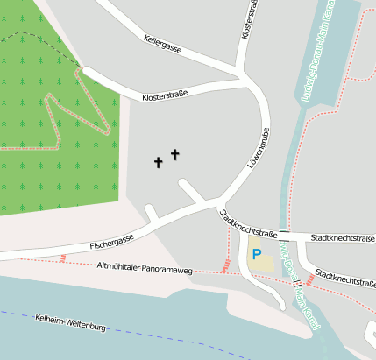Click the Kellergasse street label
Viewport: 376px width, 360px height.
[162, 44]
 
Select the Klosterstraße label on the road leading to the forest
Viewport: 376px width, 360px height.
[165, 93]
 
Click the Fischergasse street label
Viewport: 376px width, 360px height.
[111, 239]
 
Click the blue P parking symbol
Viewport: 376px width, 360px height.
[257, 254]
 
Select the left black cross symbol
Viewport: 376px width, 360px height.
[159, 162]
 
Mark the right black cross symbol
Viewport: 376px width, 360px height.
[174, 155]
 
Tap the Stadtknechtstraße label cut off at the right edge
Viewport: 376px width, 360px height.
[346, 279]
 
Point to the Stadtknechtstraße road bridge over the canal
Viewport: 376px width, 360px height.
[285, 236]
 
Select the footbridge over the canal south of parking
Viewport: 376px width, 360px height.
[298, 281]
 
